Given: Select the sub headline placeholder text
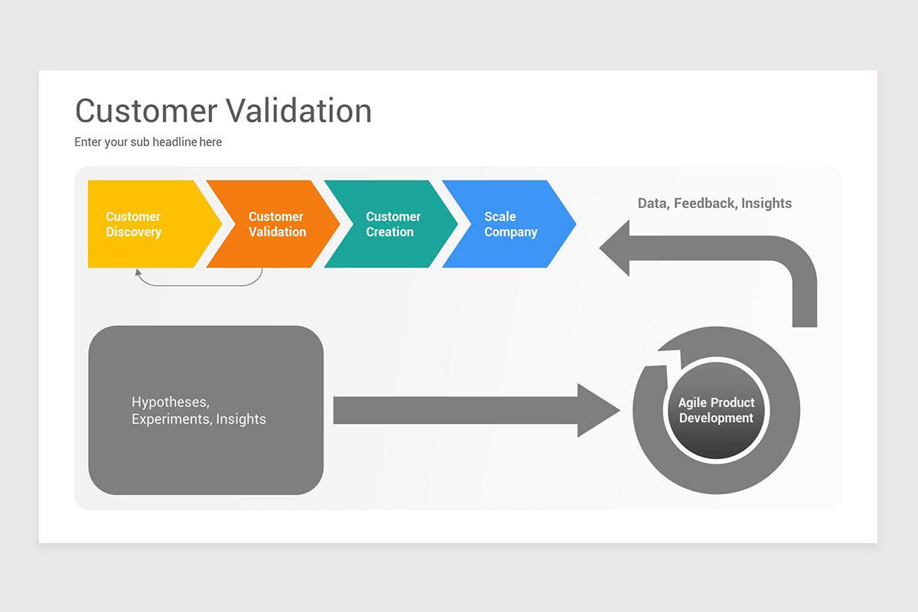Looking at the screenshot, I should [x=148, y=142].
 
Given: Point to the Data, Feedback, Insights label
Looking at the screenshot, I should [x=715, y=203].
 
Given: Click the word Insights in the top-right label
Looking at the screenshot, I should [x=767, y=203].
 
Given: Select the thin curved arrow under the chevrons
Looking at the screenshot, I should [x=199, y=285].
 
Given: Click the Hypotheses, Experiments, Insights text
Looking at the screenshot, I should [x=199, y=411].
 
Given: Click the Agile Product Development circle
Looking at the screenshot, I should [x=716, y=411].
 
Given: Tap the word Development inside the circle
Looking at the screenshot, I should [x=716, y=418].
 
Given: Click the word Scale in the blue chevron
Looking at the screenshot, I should [x=500, y=216].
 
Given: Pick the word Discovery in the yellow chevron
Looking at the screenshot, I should [x=133, y=233].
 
